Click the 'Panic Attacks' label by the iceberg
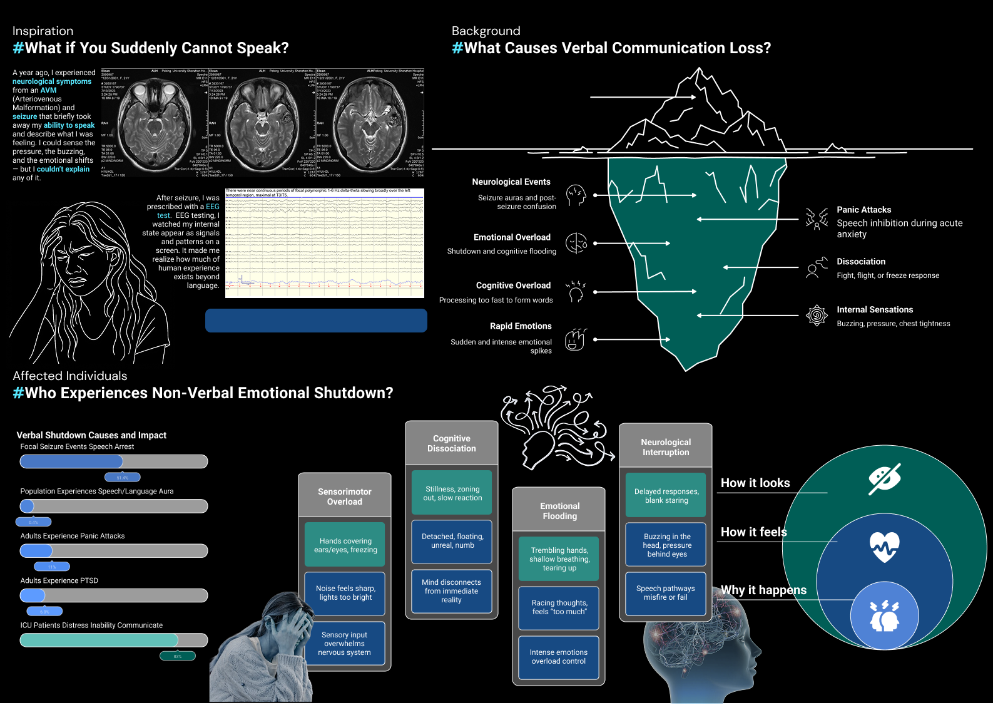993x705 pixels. click(x=863, y=210)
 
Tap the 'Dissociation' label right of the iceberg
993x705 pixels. click(x=861, y=262)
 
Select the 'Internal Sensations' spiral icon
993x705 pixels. click(x=817, y=316)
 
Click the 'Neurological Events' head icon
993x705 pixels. click(x=576, y=195)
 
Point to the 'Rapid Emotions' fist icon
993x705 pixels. click(x=575, y=339)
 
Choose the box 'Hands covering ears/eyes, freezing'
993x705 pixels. click(x=345, y=545)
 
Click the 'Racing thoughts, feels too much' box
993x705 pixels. click(x=559, y=607)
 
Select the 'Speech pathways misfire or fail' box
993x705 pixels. click(x=665, y=593)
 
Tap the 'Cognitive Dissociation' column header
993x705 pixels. click(x=452, y=443)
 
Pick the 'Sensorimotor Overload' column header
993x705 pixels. click(x=345, y=497)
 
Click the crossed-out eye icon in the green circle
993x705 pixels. click(x=885, y=479)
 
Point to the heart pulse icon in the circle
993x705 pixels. click(x=884, y=547)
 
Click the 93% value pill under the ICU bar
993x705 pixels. click(x=178, y=656)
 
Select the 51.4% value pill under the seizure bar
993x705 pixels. click(x=122, y=478)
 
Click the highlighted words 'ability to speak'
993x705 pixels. click(x=69, y=125)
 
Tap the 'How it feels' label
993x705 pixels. click(x=753, y=532)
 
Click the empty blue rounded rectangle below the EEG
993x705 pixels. click(x=316, y=320)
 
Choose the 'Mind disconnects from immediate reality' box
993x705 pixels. click(x=451, y=591)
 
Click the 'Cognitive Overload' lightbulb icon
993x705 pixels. click(x=576, y=291)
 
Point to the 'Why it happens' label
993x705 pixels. click(x=763, y=590)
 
